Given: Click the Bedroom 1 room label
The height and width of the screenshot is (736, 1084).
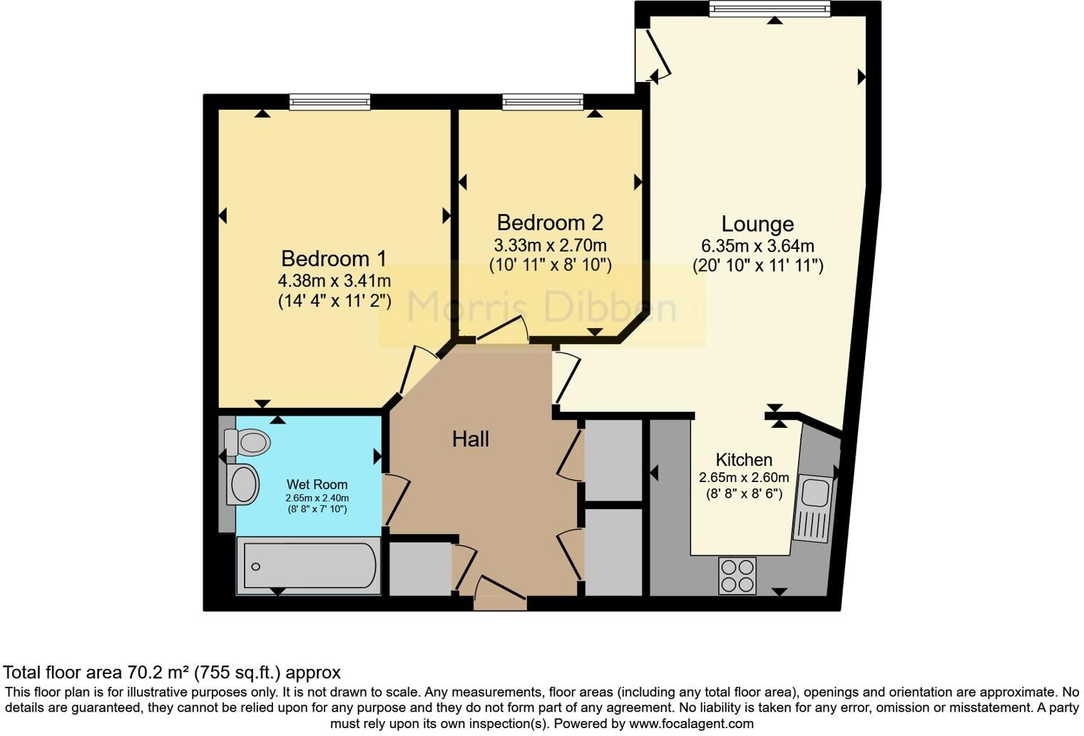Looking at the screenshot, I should (x=334, y=258).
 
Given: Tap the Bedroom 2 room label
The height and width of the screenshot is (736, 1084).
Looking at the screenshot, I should (x=550, y=223).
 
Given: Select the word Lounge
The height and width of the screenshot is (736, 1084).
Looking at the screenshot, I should (x=757, y=224).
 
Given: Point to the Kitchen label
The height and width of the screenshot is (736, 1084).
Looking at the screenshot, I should (x=744, y=460).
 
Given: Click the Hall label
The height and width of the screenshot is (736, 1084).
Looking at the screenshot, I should (x=470, y=439).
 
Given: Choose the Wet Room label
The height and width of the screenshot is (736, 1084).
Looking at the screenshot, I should (x=317, y=485).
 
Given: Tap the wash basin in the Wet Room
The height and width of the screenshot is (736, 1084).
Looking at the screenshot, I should (x=243, y=484).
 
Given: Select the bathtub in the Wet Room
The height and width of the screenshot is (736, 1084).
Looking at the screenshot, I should (x=308, y=566).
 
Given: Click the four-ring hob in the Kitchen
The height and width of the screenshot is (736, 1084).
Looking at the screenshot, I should (x=737, y=576).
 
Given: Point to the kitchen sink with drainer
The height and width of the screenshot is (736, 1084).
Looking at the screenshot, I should (x=813, y=508).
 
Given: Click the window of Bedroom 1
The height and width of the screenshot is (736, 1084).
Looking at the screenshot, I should (x=329, y=103).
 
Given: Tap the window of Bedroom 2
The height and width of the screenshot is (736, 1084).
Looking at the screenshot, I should (x=542, y=103).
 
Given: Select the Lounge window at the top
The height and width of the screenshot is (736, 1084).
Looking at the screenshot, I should (x=769, y=9).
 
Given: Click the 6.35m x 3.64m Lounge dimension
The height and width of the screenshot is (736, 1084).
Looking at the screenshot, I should (x=757, y=247).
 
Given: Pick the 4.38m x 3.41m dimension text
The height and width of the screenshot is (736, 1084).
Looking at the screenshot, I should (x=334, y=281).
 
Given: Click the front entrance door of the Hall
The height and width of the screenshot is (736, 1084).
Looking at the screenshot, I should (x=501, y=593).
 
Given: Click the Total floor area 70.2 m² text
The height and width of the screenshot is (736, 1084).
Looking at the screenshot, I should (x=171, y=673).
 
